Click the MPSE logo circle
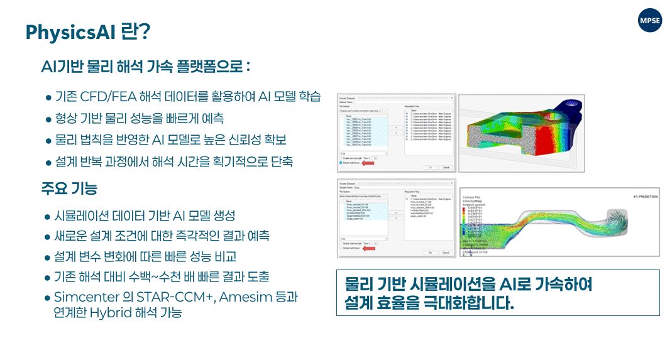(x=649, y=21)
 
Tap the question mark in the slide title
(x=143, y=31)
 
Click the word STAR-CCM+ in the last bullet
(x=186, y=297)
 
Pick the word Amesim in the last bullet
(x=248, y=297)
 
